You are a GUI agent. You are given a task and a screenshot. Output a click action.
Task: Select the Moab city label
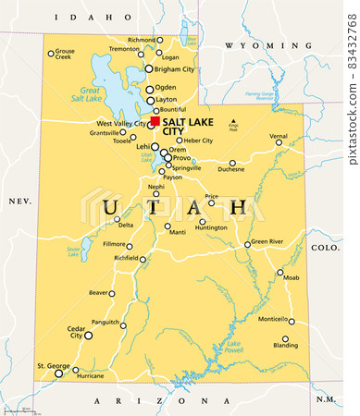(x=292, y=277)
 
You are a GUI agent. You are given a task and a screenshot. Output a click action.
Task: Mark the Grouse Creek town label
(x=64, y=55)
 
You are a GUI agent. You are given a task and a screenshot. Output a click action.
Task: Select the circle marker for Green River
(x=248, y=245)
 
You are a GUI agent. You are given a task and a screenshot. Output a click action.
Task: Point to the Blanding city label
(x=287, y=346)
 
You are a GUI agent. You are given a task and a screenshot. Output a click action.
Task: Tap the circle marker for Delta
(x=116, y=219)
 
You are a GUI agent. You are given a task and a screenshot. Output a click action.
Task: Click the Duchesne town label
(x=231, y=170)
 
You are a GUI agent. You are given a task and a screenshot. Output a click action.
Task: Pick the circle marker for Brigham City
(x=148, y=68)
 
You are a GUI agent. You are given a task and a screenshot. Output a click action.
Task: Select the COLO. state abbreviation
(x=325, y=247)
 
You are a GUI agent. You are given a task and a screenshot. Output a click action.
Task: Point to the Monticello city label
(x=273, y=319)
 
